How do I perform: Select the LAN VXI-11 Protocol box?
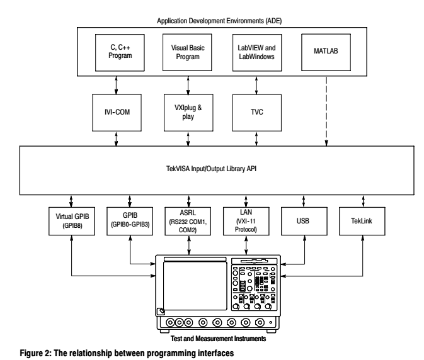[246, 222]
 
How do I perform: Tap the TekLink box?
[362, 222]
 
